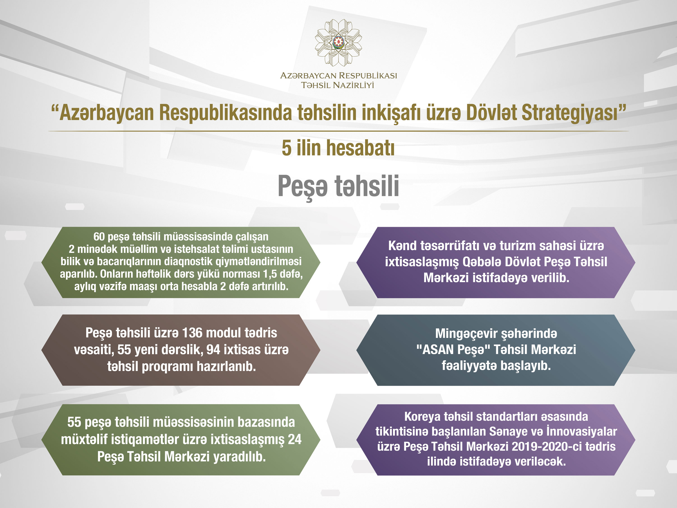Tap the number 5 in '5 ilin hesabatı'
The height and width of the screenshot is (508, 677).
tap(286, 148)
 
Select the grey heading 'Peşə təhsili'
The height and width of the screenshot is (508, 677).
tap(338, 186)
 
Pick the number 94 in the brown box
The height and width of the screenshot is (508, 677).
tap(213, 349)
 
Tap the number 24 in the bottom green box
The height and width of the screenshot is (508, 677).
tap(295, 439)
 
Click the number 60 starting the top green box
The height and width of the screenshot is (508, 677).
tap(99, 237)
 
